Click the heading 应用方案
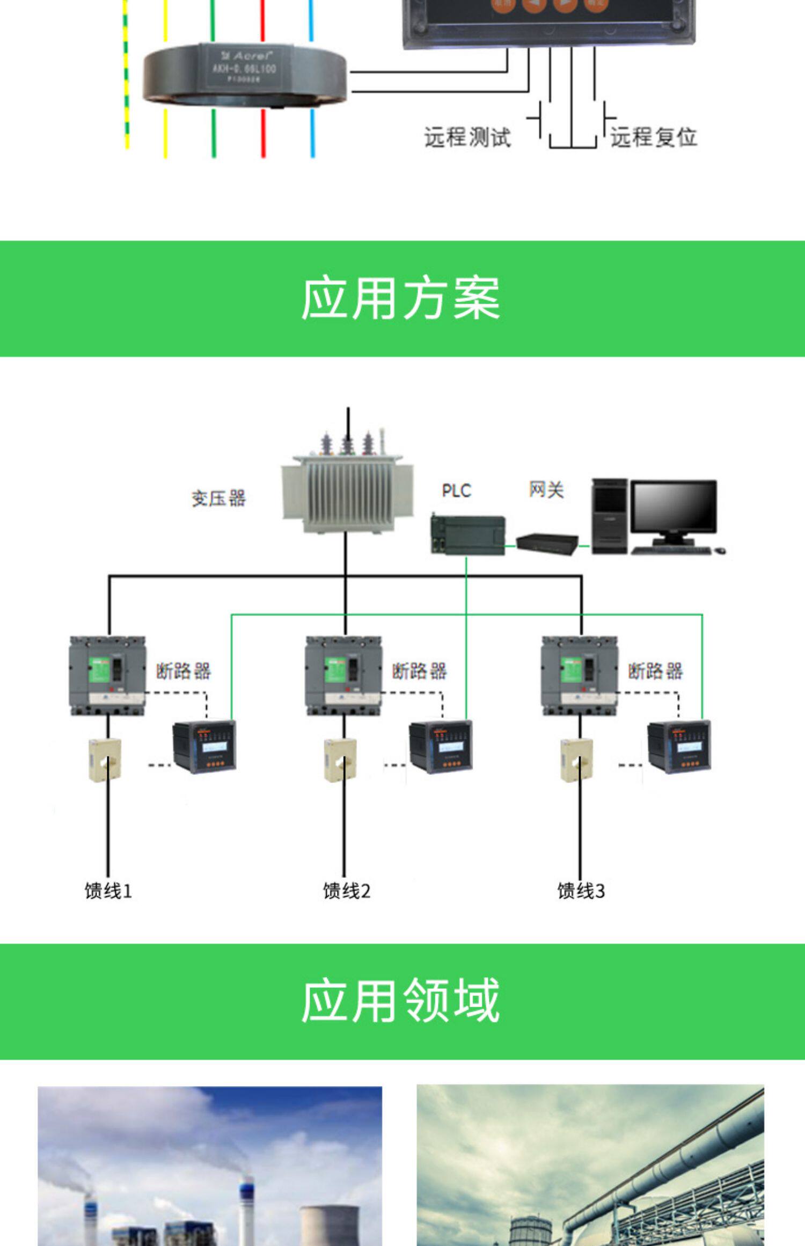coord(400,298)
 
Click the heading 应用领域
coord(400,1001)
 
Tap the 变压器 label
coord(218,499)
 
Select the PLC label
coord(456,490)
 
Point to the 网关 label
coord(546,489)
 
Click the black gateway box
coord(547,544)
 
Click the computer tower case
coord(610,515)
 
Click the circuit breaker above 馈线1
coord(108,675)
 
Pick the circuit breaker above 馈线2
coord(343,675)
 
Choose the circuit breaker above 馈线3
coord(580,675)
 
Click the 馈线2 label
coord(346,891)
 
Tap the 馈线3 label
coord(581,891)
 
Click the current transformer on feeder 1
coord(105,760)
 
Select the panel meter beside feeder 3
coord(679,746)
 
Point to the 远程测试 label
coord(467,137)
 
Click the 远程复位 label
coord(653,137)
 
